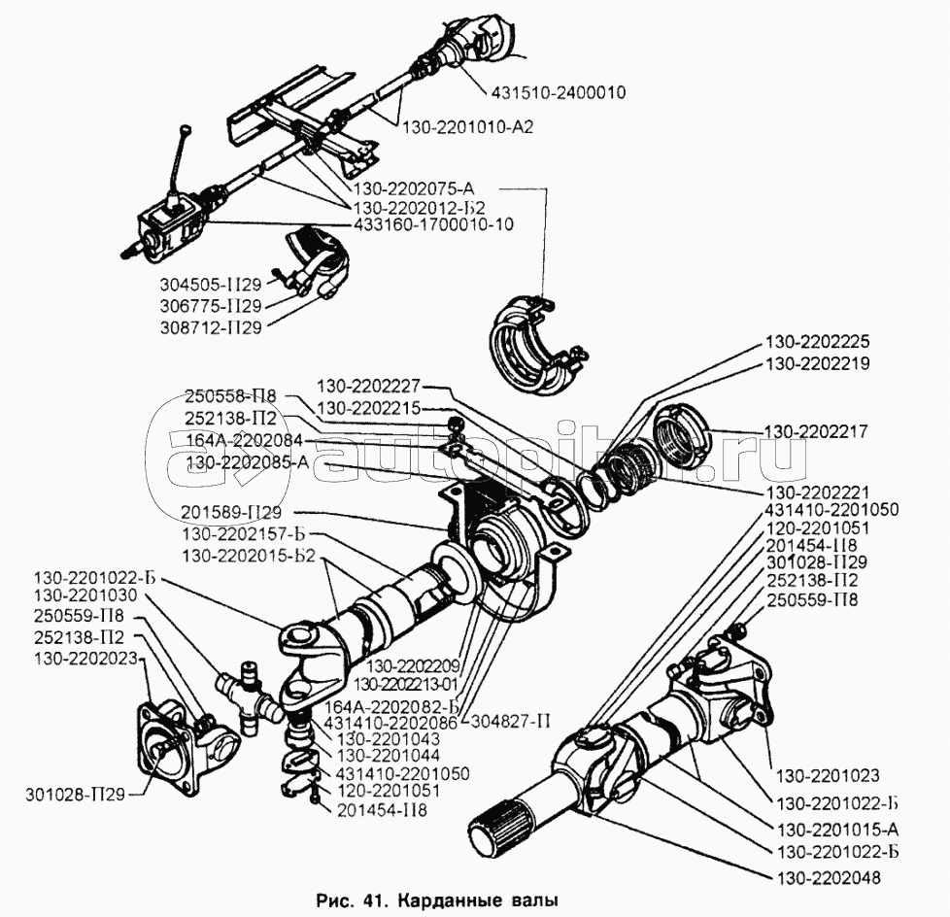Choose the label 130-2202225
pos(817,342)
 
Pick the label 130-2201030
pos(85,594)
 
